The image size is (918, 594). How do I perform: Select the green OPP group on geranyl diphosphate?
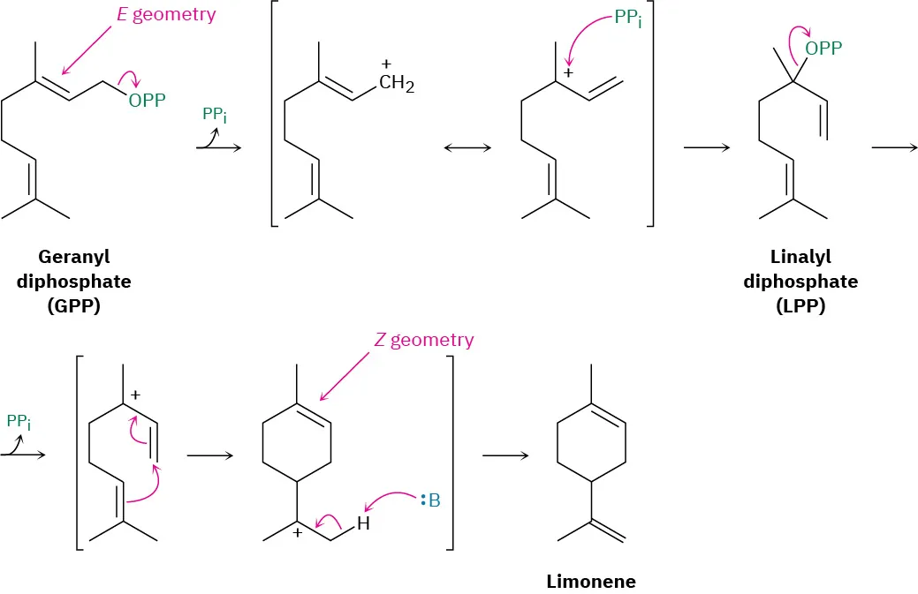[147, 101]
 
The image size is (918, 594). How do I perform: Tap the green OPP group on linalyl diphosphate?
[823, 49]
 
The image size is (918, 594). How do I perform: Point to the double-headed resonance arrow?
[467, 147]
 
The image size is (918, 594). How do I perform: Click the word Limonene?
[590, 581]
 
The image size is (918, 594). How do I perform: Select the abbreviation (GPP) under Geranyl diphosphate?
[73, 306]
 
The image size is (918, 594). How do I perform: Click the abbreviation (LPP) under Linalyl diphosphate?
[800, 306]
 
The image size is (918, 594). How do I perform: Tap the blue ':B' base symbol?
[430, 501]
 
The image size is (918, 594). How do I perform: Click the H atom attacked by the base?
[363, 525]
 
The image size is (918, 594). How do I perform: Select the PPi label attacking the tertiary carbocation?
[628, 17]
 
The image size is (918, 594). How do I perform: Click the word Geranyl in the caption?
[73, 257]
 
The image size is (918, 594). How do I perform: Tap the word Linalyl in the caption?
[800, 257]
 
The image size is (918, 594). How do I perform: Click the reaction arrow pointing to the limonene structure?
[505, 455]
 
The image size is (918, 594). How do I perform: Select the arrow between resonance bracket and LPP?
[707, 147]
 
